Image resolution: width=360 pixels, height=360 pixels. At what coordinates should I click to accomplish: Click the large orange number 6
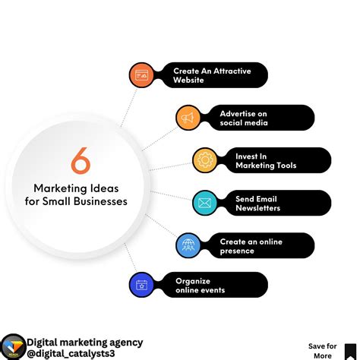[x=81, y=161]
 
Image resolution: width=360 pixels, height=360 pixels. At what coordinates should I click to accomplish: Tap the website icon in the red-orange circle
[x=142, y=75]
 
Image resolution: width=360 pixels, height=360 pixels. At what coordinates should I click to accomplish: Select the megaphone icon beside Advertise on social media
[x=188, y=118]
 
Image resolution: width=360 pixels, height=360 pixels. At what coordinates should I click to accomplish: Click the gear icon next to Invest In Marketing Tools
[x=204, y=160]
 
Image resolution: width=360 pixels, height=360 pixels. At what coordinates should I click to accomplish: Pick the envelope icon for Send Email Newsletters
[x=204, y=203]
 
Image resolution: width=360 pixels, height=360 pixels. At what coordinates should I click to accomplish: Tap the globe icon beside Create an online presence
[x=188, y=245]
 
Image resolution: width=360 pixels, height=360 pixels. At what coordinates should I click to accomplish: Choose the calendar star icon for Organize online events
[x=142, y=285]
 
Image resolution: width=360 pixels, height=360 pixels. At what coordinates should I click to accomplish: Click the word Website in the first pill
[x=188, y=80]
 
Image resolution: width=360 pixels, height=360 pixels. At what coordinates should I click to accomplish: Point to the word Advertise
[x=239, y=113]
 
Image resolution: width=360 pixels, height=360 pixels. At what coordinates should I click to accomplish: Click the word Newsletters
[x=257, y=207]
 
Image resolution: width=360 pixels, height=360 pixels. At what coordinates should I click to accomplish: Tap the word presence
[x=237, y=251]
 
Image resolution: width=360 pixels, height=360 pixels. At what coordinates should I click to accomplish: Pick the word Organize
[x=194, y=280]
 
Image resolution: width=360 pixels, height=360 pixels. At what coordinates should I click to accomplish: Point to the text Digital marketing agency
[x=84, y=343]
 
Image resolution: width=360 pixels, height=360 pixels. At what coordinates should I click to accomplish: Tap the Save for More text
[x=322, y=351]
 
